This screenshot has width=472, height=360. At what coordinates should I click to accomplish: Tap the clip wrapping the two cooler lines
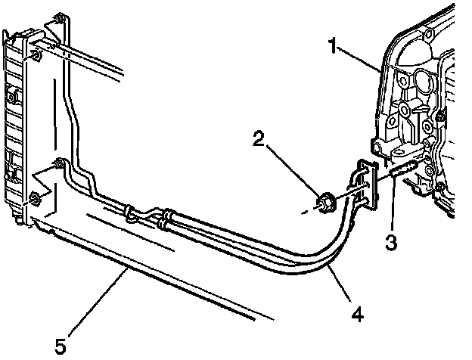tap(133, 211)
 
